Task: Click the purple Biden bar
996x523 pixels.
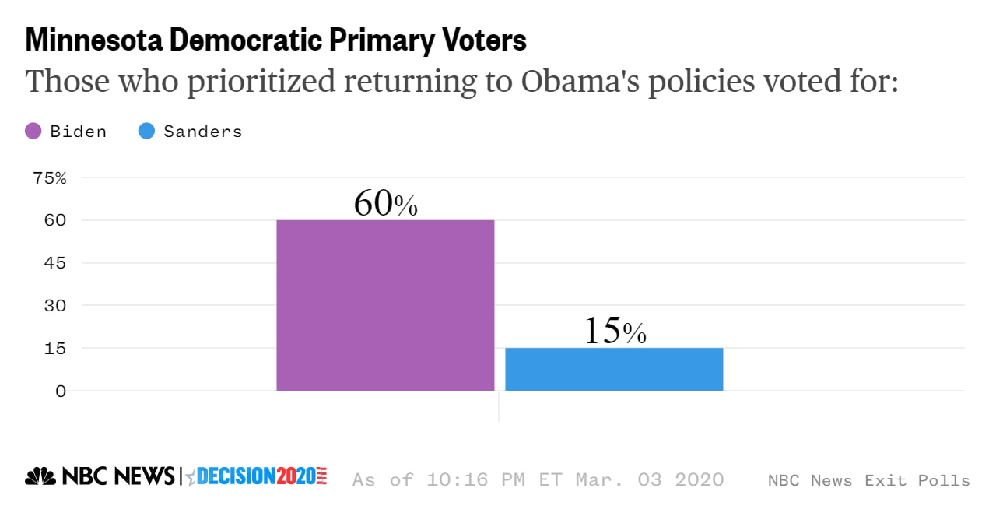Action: pos(385,305)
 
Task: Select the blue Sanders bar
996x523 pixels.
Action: pos(614,369)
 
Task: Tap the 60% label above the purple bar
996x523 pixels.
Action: pos(385,203)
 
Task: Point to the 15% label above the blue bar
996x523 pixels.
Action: pos(615,331)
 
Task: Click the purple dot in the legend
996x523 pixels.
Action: pos(33,132)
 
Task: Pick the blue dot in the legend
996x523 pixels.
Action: pos(146,132)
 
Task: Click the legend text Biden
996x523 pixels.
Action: pos(78,132)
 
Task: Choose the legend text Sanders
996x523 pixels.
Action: pos(202,132)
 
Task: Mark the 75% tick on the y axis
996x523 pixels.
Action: pos(50,177)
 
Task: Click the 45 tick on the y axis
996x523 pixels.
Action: pos(50,263)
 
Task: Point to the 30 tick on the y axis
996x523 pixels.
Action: pos(50,306)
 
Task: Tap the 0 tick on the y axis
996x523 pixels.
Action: pos(60,391)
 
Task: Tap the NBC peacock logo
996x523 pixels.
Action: pos(40,476)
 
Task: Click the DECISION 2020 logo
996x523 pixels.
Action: pos(257,476)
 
